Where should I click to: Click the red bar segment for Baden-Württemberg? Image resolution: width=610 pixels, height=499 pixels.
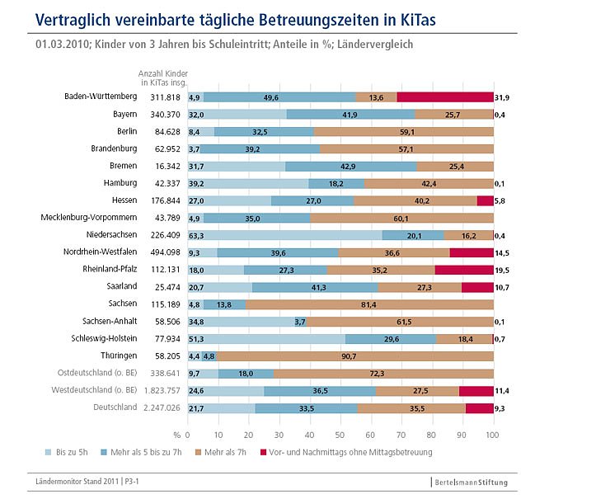tap(445, 97)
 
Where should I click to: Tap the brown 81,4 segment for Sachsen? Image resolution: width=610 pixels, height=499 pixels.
tap(369, 304)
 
